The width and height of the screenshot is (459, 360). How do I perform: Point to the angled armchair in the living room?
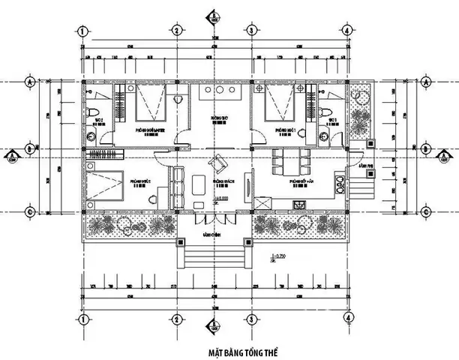[218, 163]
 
